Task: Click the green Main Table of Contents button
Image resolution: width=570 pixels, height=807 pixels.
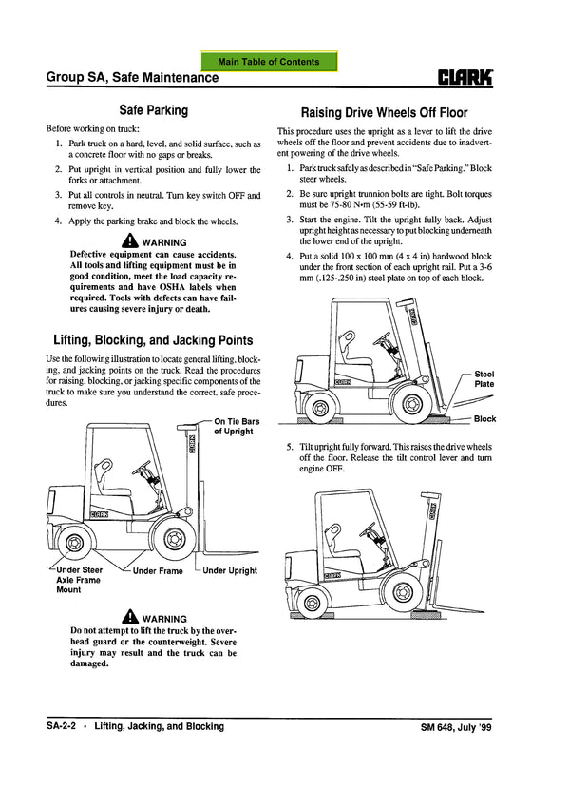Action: click(x=268, y=62)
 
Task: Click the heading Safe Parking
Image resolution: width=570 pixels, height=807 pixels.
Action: click(x=153, y=110)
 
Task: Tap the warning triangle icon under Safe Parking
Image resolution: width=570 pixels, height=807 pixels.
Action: click(x=130, y=241)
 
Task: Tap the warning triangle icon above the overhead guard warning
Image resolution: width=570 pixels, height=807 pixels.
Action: click(x=130, y=617)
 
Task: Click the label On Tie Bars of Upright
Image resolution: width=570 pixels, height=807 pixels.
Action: click(x=234, y=426)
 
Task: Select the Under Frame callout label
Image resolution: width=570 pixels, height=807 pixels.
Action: click(x=158, y=571)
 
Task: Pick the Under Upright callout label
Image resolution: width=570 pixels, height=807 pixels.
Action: click(x=230, y=571)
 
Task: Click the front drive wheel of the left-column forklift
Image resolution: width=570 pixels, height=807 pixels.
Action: click(x=174, y=539)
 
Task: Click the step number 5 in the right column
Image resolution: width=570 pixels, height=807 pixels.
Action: click(x=290, y=446)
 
